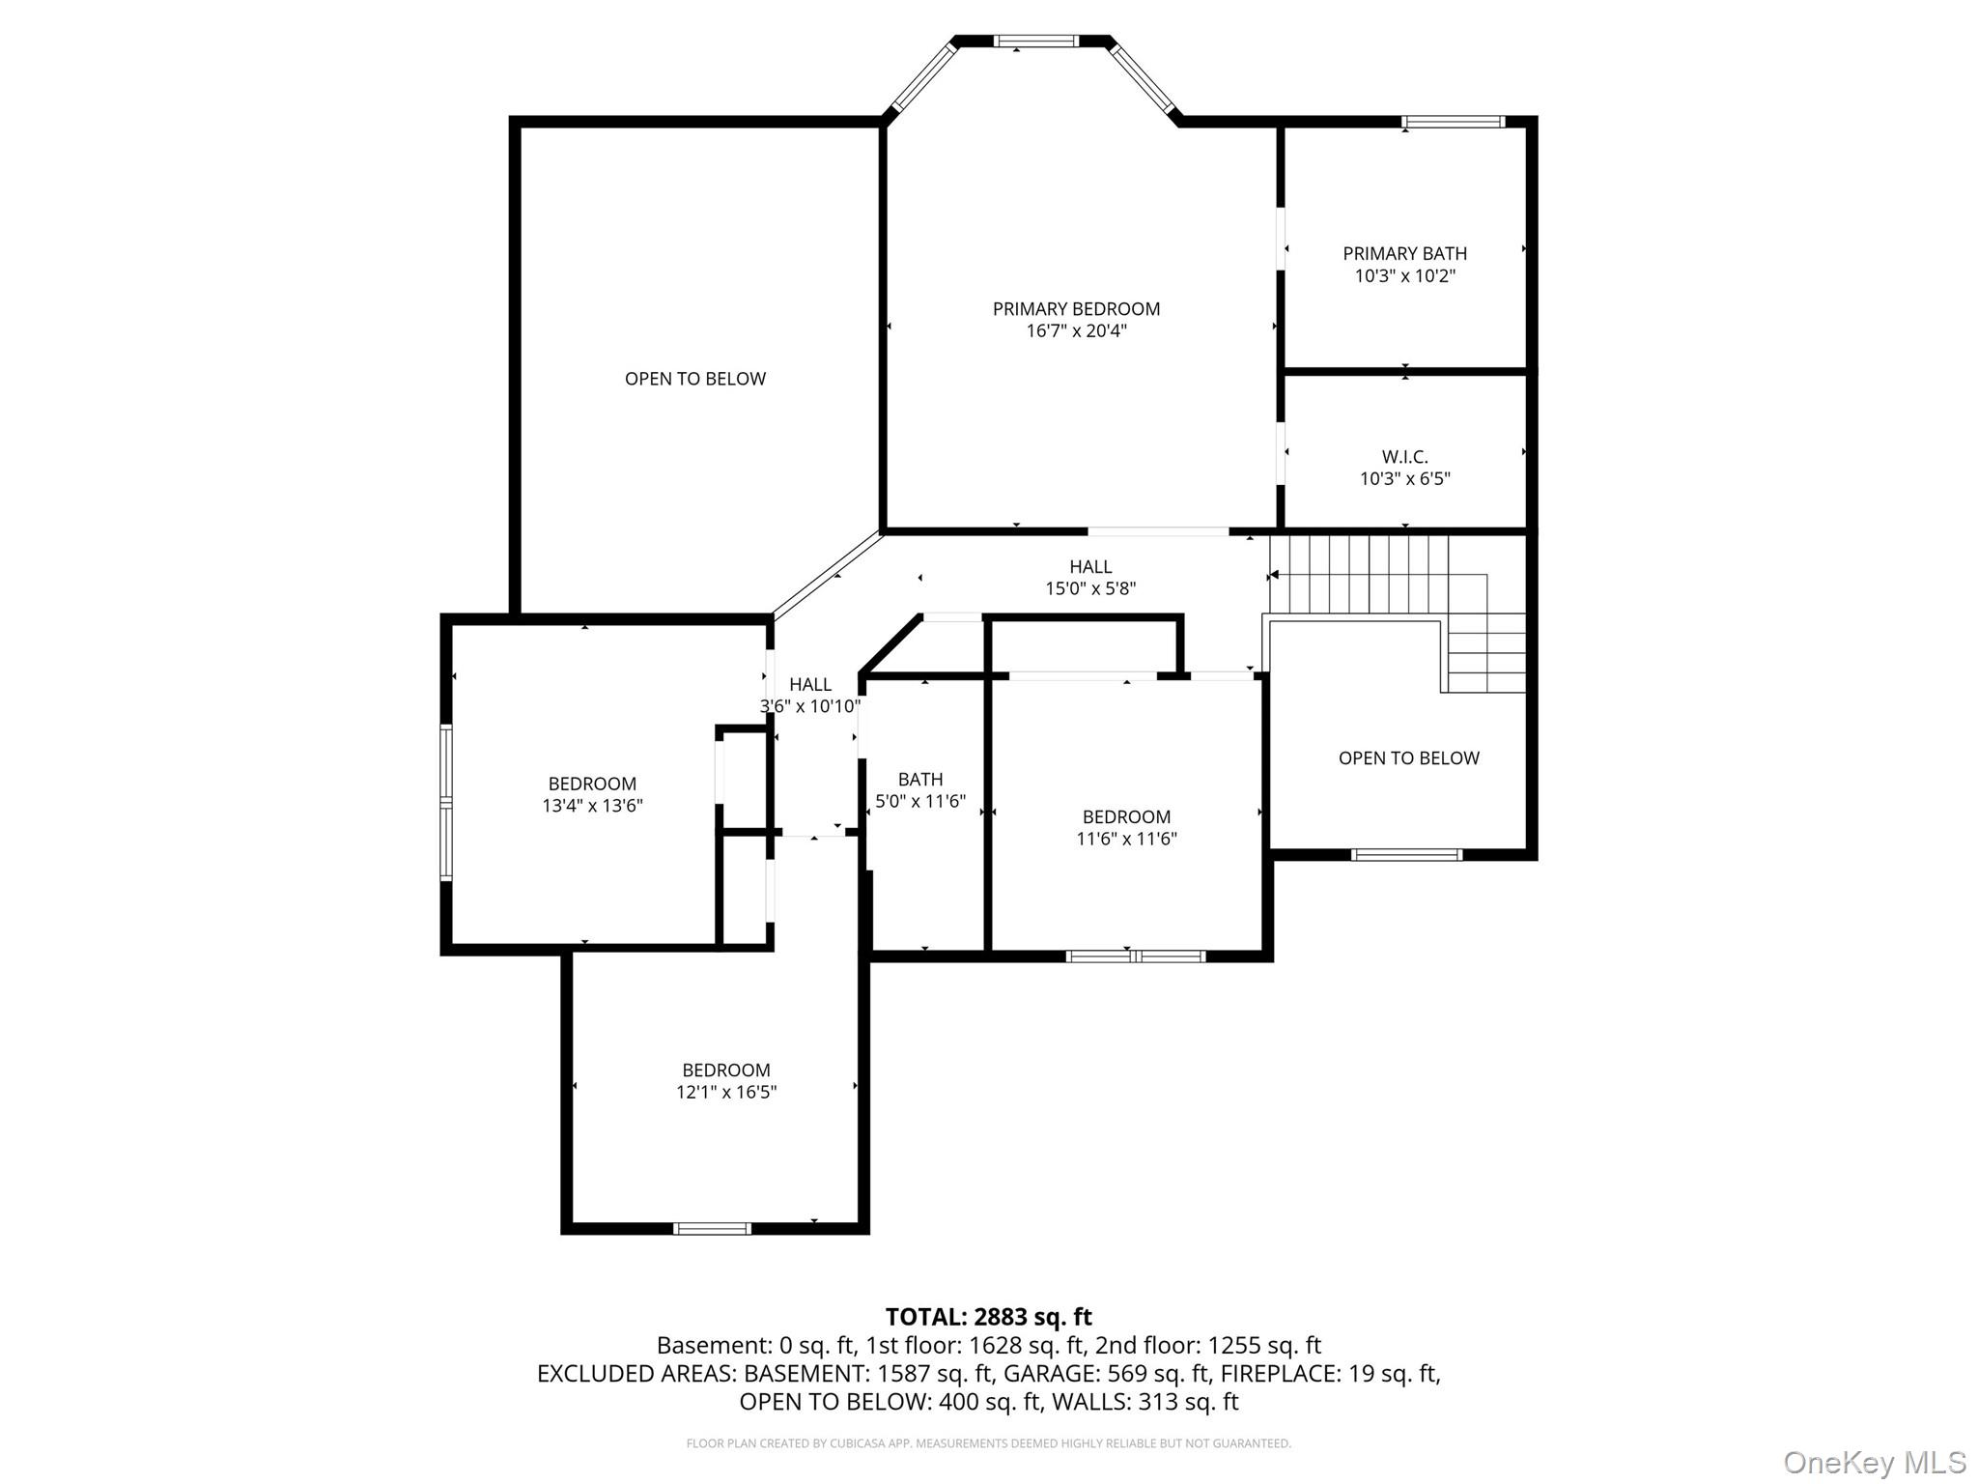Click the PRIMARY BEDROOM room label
[1076, 309]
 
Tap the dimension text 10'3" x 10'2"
[1404, 276]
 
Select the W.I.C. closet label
[1404, 456]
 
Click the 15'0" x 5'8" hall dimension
[1090, 588]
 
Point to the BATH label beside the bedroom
[919, 779]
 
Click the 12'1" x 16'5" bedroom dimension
[726, 1093]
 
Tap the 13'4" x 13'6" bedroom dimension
[592, 806]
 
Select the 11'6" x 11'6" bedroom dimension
[1126, 839]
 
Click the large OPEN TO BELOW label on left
[694, 379]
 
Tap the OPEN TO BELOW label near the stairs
[1408, 758]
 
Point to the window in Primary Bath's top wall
[1453, 122]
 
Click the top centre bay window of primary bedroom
[1036, 42]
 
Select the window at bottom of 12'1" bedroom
[712, 1228]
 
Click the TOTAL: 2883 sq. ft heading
[988, 1317]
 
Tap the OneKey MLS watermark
[1874, 1463]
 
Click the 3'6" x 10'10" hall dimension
[809, 706]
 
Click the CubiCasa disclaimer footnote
[988, 1443]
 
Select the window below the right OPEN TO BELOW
[1406, 854]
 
